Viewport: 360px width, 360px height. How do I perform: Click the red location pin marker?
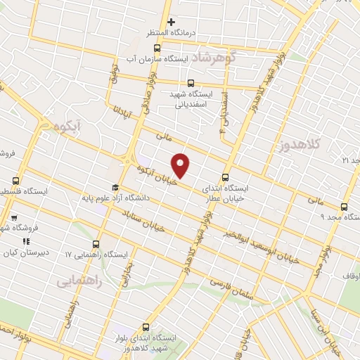click(181, 166)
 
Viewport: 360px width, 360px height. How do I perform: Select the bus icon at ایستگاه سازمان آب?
click(156, 49)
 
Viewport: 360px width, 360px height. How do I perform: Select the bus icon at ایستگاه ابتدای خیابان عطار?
click(225, 178)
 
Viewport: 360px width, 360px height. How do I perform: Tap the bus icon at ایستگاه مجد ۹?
click(344, 207)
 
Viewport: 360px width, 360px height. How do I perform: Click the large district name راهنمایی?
click(79, 279)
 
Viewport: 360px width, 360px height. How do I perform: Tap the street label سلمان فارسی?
click(231, 284)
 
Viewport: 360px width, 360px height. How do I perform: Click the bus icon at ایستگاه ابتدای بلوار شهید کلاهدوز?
click(146, 327)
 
